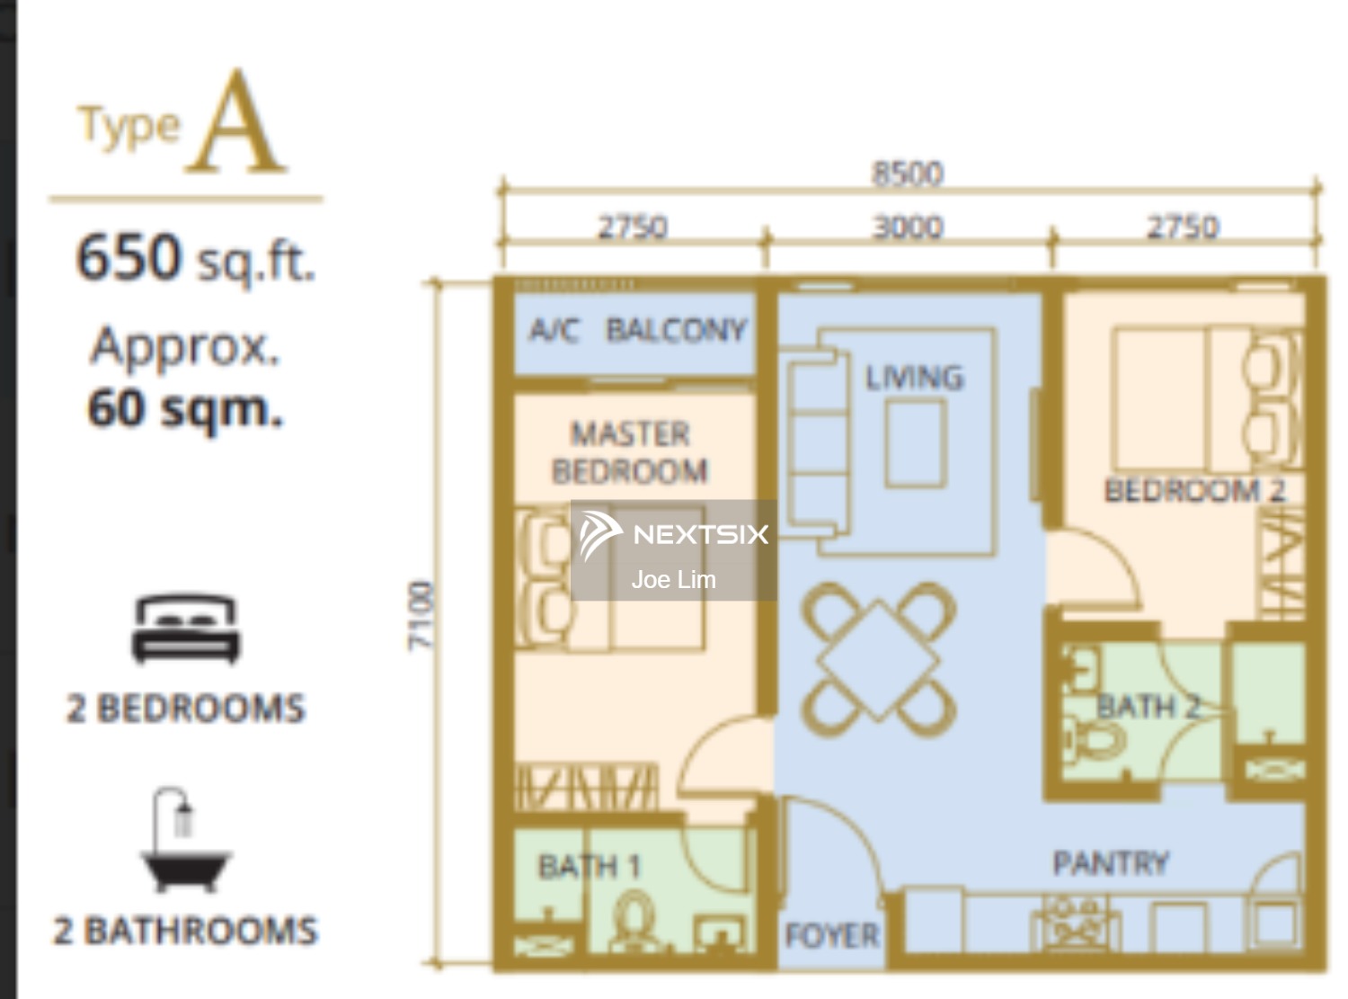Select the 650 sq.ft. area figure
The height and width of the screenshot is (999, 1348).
(x=196, y=258)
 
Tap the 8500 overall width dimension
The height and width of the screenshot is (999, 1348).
(x=908, y=174)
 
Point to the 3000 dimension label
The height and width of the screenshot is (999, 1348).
(x=908, y=228)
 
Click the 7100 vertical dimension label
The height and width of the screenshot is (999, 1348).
(x=421, y=615)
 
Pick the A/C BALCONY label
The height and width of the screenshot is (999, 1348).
(x=637, y=330)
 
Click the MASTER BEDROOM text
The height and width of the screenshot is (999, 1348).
(x=630, y=451)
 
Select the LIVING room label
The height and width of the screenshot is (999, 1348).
(x=915, y=377)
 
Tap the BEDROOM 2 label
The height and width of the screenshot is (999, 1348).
(x=1195, y=490)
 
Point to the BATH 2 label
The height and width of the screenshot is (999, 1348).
(x=1148, y=707)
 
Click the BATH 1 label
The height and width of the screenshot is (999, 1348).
(x=590, y=867)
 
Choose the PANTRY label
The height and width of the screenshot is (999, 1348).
(x=1111, y=863)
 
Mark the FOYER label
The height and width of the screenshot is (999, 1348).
(x=832, y=935)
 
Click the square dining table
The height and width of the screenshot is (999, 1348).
(x=878, y=660)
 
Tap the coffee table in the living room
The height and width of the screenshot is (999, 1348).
(x=915, y=443)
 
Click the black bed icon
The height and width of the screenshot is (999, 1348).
(x=186, y=629)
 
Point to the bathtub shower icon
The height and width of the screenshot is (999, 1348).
(x=185, y=840)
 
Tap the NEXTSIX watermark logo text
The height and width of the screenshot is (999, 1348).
(x=701, y=534)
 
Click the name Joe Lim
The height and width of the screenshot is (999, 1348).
(x=673, y=579)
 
